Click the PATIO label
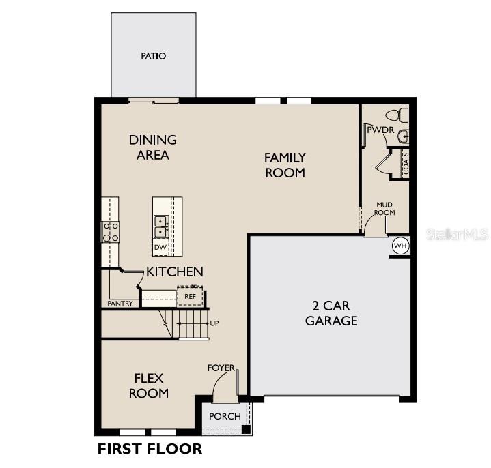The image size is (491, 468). [154, 56]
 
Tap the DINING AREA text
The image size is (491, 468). [152, 147]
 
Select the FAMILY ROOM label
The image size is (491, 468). [285, 165]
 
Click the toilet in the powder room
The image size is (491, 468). [396, 115]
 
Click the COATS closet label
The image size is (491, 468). [406, 163]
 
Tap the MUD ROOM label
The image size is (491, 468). [385, 208]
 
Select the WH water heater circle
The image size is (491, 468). [399, 245]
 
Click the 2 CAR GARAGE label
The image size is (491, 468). [331, 313]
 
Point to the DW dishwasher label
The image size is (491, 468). [160, 247]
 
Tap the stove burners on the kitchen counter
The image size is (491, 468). [111, 232]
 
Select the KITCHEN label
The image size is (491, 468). [174, 272]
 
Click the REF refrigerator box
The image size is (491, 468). [190, 296]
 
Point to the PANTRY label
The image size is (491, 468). [120, 303]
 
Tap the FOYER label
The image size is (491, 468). [221, 368]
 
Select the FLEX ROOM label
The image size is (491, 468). [150, 385]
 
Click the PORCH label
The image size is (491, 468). [225, 417]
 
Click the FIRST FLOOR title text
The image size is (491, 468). [150, 449]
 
